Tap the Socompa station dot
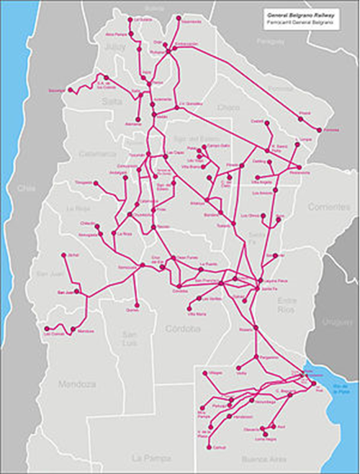pos(51,90)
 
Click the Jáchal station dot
pos(63,257)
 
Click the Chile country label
pos(27,188)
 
